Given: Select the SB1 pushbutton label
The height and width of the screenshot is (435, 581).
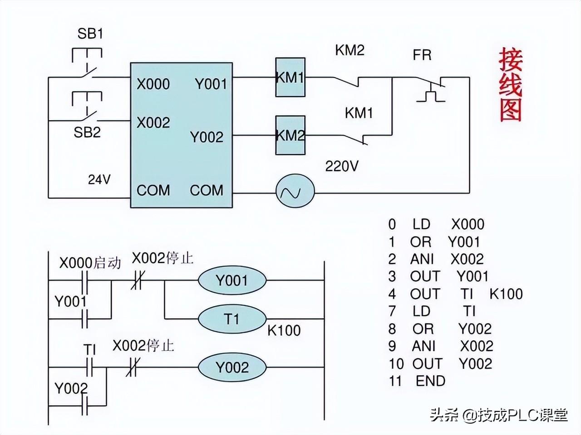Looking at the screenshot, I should (90, 34).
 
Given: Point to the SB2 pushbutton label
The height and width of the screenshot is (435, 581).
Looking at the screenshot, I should (87, 132).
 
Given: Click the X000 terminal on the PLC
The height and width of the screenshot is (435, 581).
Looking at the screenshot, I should (153, 84).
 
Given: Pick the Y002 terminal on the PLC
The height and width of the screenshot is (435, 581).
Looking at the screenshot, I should (207, 137).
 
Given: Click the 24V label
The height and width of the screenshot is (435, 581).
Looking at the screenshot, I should (99, 179).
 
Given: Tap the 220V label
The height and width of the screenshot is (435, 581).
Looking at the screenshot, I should (341, 166).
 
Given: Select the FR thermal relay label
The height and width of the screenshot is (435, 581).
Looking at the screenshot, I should (422, 55).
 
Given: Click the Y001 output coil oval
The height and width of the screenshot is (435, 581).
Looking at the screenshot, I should (232, 280).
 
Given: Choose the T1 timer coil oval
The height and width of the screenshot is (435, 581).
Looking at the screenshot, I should (232, 319).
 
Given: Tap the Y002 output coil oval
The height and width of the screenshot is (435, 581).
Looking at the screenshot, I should (232, 367).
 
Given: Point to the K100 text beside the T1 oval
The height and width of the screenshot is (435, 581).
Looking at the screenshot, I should (284, 330).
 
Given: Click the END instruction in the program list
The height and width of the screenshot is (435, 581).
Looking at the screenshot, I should (430, 381).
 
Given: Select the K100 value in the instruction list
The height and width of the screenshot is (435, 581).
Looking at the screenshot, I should (506, 294).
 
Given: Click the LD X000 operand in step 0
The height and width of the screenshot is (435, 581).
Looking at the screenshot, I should (468, 224).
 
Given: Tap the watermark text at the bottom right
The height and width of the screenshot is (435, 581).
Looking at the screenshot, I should (499, 415).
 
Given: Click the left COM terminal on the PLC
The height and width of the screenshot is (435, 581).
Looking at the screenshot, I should (153, 190).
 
